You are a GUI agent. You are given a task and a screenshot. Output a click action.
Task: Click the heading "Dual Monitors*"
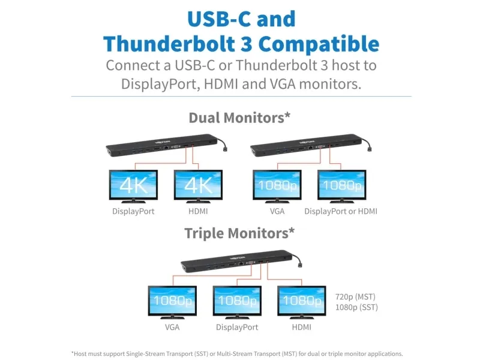[239, 118]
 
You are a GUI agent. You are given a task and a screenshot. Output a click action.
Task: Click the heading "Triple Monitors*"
[239, 233]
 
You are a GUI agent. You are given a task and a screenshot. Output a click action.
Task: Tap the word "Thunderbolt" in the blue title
[169, 43]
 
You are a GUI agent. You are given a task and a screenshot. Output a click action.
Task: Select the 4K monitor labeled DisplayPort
[133, 187]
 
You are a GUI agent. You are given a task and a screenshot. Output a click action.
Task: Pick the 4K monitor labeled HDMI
[198, 187]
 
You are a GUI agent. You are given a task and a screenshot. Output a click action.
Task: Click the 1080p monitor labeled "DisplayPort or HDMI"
[341, 187]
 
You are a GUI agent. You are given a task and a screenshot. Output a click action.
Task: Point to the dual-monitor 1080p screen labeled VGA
[277, 187]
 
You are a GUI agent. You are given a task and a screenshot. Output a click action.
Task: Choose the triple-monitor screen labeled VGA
[172, 302]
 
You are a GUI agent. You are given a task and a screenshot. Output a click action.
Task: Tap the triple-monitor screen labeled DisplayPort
[237, 302]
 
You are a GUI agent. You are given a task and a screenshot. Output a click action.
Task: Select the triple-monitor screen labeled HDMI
[302, 302]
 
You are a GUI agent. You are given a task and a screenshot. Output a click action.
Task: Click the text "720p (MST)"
[355, 296]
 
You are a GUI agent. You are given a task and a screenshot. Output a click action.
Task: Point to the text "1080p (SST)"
[356, 307]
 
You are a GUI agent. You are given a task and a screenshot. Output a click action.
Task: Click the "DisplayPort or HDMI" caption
[341, 211]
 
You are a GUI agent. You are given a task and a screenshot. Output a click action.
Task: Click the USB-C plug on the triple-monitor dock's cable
[301, 264]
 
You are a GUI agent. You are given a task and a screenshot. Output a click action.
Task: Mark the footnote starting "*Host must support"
[237, 353]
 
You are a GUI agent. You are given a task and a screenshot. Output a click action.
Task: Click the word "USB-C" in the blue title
[220, 19]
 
